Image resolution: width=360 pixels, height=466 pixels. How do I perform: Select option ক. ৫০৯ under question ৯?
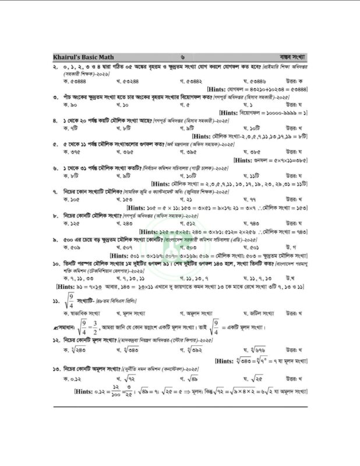(x=72, y=247)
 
